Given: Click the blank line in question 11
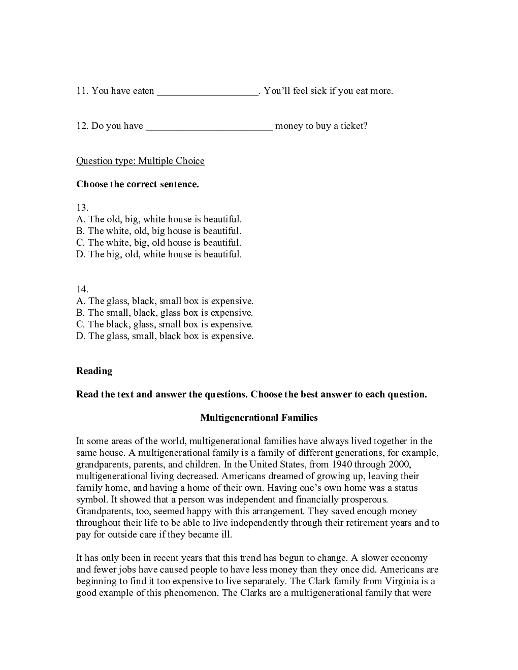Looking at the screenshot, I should tap(208, 92).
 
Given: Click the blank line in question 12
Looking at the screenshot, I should tap(209, 127).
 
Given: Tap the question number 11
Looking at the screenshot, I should tap(82, 91).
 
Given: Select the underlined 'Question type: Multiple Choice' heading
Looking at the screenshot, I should tap(140, 161).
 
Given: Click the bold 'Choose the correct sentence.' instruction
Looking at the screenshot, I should tap(138, 184).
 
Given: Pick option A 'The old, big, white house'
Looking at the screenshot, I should tap(159, 219).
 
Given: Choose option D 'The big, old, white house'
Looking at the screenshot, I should tap(159, 254).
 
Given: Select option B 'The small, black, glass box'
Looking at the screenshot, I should tap(165, 313).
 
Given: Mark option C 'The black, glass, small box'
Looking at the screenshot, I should tap(165, 324).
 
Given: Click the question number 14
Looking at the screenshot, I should tap(82, 289).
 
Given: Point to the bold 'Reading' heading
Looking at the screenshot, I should tap(94, 371).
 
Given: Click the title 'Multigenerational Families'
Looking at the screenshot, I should tap(259, 418).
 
